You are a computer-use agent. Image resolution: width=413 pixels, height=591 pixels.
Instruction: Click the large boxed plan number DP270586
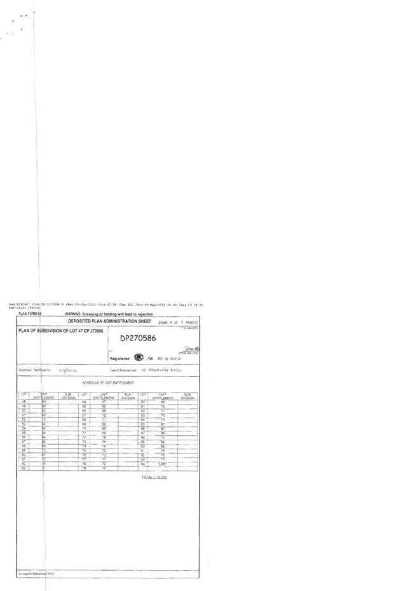[139, 338]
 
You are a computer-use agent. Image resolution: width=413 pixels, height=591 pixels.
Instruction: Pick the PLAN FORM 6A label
[30, 314]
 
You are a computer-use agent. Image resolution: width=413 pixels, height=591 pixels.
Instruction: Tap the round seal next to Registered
[139, 358]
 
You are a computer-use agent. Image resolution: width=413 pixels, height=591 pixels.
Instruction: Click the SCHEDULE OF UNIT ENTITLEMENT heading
[108, 383]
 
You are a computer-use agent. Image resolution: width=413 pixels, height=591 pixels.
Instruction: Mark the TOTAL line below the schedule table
[153, 475]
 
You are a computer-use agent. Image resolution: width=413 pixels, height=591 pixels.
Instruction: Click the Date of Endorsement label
[123, 370]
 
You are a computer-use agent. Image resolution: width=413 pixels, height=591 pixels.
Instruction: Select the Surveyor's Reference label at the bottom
[36, 574]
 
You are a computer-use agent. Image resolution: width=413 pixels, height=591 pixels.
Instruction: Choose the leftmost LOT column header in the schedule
[24, 397]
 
